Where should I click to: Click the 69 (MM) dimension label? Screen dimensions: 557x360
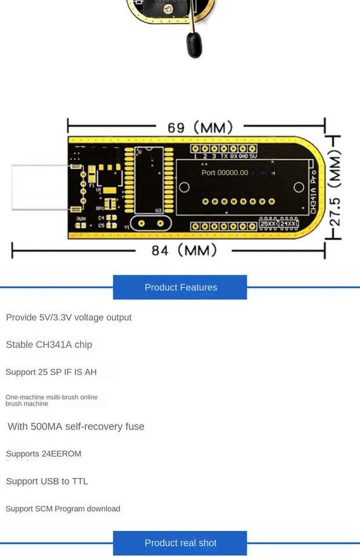200,127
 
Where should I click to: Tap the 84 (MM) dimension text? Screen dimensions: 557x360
183,250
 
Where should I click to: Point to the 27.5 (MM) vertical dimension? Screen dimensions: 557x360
335,187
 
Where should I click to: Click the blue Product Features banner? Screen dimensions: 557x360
180,287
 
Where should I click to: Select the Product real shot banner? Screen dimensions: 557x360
180,543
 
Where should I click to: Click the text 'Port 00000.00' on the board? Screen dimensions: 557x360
225,172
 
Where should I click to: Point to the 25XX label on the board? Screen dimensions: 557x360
268,223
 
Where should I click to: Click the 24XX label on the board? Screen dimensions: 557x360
289,223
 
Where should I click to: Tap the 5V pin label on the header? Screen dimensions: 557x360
253,156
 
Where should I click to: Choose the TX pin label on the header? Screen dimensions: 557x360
224,156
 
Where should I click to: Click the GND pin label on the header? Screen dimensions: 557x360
243,156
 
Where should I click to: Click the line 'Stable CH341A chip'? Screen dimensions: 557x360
49,345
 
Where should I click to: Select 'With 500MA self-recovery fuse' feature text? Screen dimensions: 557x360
76,426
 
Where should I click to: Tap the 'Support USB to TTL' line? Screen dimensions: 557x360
47,481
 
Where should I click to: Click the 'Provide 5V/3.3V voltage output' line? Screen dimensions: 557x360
69,317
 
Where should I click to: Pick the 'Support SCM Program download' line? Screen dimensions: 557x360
63,509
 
